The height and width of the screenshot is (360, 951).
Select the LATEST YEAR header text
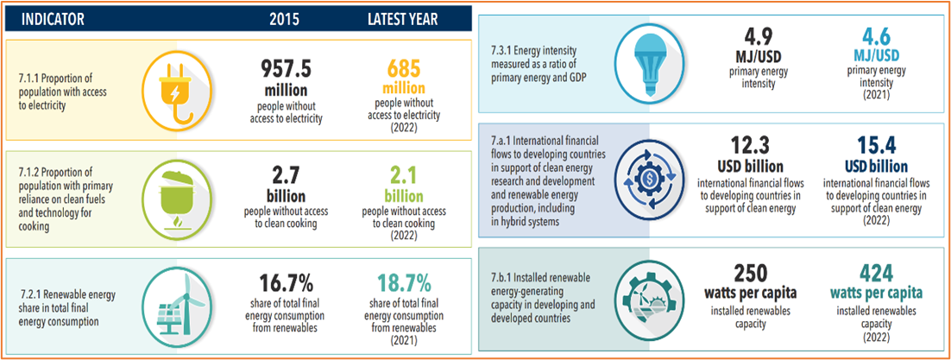pos(401,19)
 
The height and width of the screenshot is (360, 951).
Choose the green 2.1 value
pos(401,177)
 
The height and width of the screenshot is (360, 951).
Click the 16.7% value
pos(289,282)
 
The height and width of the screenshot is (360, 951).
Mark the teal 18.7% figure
pos(401,282)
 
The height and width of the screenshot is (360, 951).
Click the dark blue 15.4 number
pos(876,144)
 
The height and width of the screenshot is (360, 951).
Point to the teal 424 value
pos(876,270)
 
